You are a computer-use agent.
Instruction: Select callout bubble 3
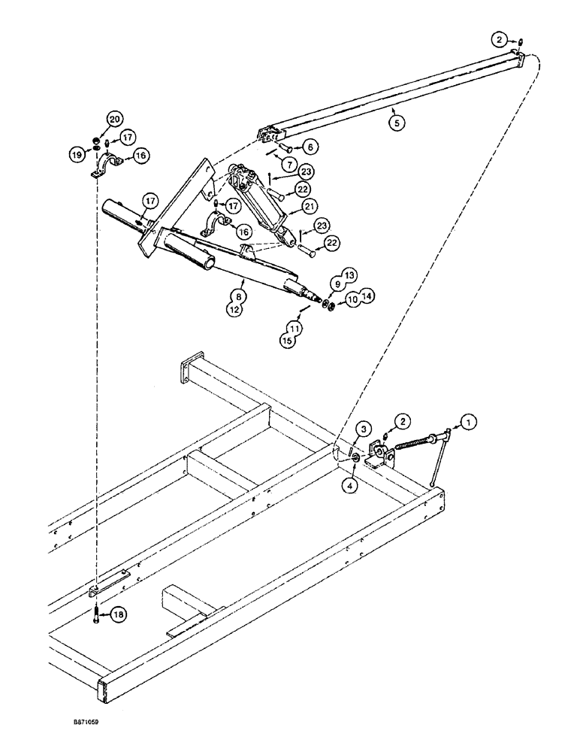click(x=363, y=429)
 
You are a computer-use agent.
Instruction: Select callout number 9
click(x=335, y=285)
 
